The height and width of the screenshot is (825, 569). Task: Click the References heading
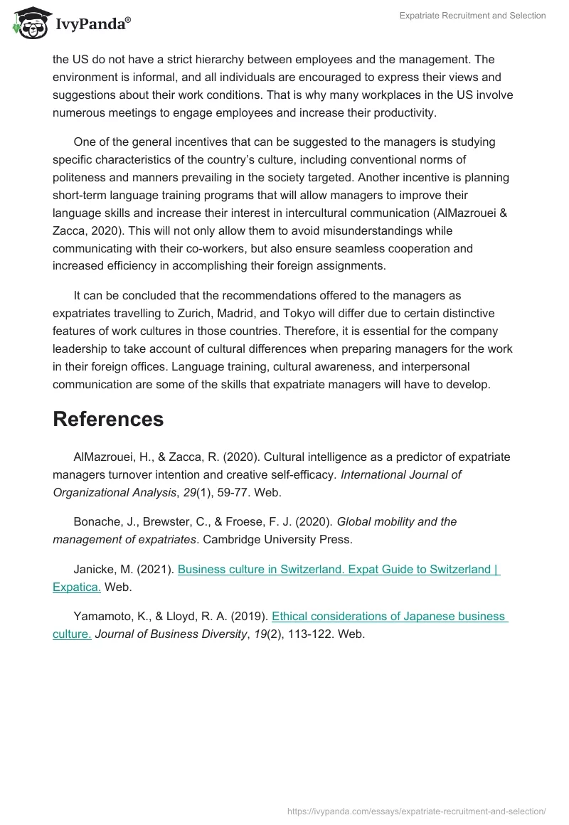pyautogui.click(x=108, y=419)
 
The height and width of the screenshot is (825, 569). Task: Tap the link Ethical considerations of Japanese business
pyautogui.click(x=389, y=617)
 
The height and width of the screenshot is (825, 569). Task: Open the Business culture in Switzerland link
pyautogui.click(x=339, y=569)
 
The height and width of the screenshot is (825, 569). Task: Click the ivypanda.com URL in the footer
pyautogui.click(x=416, y=811)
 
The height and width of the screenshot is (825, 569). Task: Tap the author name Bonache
pyautogui.click(x=97, y=521)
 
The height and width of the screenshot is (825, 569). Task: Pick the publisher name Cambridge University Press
pyautogui.click(x=277, y=539)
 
